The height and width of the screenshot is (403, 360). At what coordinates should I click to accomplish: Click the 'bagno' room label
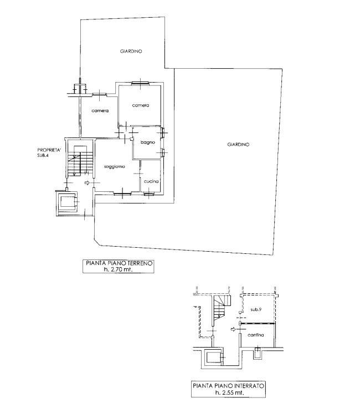[148, 142]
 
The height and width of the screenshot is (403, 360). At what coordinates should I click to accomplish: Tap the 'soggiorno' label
[114, 166]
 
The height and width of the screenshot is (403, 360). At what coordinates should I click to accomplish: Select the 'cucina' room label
[151, 181]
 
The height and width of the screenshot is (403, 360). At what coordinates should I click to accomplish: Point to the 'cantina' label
[256, 335]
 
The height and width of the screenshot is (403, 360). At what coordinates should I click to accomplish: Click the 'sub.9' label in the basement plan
[256, 309]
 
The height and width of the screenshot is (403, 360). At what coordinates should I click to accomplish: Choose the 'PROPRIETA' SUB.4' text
[49, 152]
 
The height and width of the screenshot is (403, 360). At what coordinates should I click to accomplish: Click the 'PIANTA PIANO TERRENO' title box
[119, 267]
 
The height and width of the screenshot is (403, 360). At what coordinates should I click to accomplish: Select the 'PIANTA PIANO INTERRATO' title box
[228, 389]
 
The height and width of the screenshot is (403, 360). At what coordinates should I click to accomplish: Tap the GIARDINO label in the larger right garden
[238, 145]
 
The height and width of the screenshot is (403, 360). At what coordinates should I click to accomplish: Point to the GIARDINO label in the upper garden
[131, 51]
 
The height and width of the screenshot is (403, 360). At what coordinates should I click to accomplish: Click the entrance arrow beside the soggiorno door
[87, 183]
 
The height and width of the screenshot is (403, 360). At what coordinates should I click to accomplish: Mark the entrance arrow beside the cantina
[233, 329]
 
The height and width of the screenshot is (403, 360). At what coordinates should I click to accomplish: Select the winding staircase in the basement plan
[222, 307]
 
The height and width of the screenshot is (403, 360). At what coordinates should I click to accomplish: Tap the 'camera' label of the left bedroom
[100, 111]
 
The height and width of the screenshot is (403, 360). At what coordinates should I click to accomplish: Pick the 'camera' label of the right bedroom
[141, 105]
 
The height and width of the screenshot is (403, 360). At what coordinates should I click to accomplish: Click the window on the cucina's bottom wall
[148, 194]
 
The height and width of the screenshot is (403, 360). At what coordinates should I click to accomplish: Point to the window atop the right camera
[140, 83]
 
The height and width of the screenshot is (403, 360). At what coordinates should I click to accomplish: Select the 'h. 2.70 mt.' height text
[118, 269]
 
